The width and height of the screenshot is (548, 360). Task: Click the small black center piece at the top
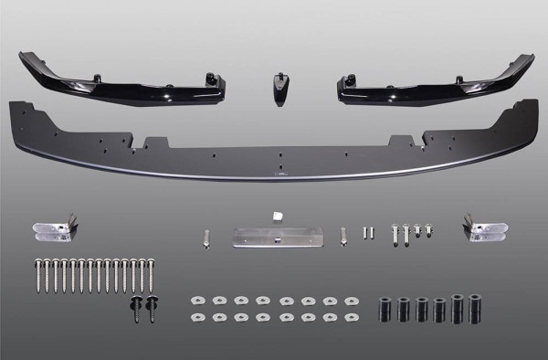(278, 87)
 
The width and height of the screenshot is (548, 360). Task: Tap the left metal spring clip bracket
(56, 230)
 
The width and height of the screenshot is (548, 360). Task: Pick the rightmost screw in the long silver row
(151, 277)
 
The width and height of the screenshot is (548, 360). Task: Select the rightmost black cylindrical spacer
(474, 307)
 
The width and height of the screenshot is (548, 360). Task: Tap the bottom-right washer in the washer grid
(351, 317)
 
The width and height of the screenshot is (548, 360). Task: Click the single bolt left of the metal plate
(207, 237)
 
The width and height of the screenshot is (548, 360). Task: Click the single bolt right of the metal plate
(343, 237)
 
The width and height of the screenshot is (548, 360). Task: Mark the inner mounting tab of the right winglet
(346, 83)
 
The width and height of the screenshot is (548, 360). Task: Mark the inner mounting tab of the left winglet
(218, 82)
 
